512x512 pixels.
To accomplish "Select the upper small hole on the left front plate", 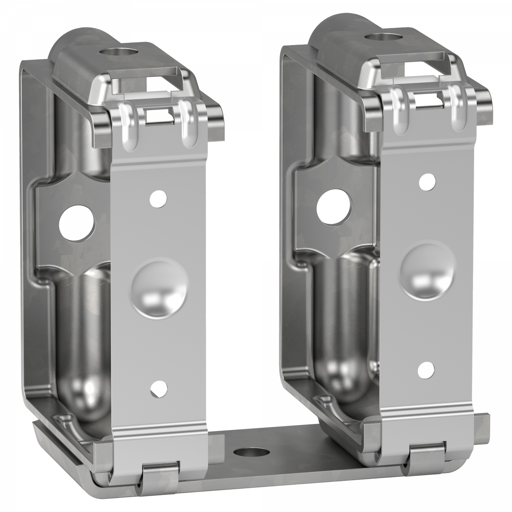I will pyautogui.click(x=158, y=198).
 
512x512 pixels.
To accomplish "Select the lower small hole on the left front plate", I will pyautogui.click(x=159, y=388).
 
